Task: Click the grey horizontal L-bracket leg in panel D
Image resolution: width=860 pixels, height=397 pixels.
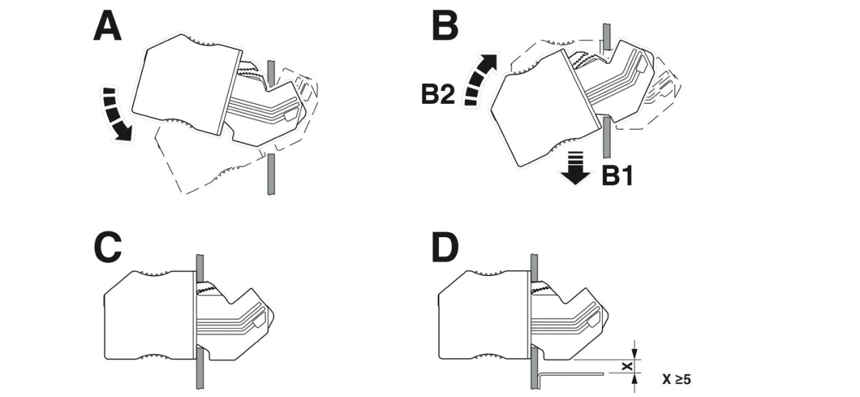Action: (573, 372)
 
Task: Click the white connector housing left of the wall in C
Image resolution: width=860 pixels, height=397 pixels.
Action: (147, 315)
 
